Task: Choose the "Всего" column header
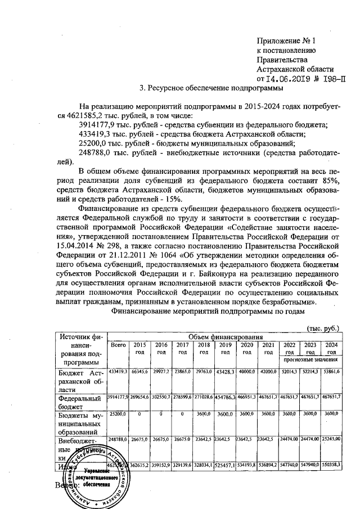click(118, 345)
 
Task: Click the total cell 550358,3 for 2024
click(330, 466)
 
